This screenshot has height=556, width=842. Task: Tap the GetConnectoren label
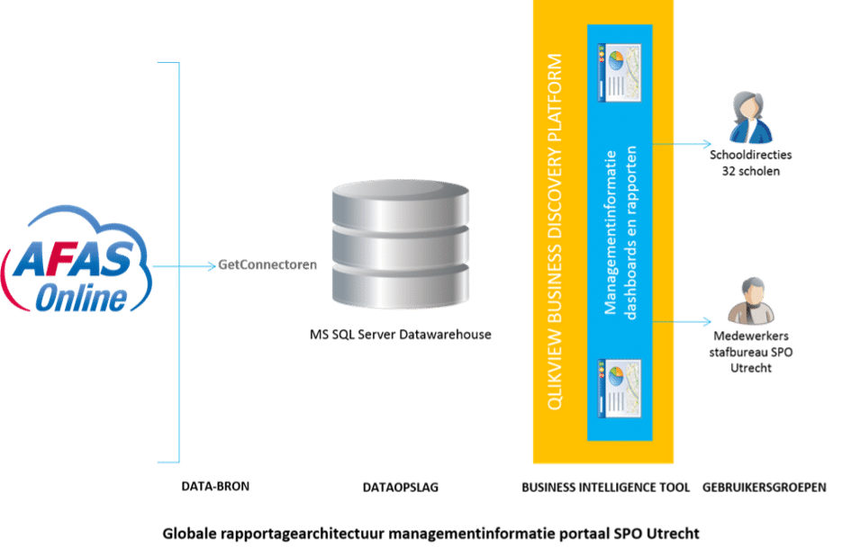267,265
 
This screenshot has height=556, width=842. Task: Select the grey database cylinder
401,245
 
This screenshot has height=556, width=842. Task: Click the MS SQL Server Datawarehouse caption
401,335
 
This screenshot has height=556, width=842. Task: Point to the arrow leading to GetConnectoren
185,265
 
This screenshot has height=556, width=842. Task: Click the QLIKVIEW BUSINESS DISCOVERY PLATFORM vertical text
555,232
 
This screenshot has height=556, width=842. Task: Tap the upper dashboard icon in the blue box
620,73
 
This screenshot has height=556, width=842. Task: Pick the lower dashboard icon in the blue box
620,388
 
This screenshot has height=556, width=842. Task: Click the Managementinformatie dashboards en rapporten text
620,232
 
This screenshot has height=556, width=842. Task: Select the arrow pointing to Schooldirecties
682,144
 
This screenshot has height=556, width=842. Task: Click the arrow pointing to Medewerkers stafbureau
682,322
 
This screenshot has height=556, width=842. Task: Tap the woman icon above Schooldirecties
751,118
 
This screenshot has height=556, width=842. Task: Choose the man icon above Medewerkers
751,301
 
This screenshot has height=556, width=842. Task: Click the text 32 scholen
751,171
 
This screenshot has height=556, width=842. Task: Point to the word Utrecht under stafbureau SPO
751,368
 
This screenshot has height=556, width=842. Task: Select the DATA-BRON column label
215,486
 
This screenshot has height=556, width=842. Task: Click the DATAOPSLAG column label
401,488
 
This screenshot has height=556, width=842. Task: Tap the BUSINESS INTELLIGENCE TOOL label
606,488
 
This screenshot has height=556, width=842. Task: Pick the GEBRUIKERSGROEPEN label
765,488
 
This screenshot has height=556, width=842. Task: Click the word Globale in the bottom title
189,534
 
